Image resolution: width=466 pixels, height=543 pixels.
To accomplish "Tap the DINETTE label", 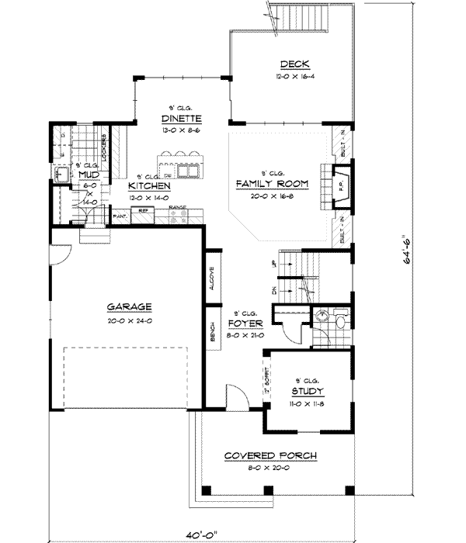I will (182, 119).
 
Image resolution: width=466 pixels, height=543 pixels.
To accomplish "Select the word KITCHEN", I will (150, 187).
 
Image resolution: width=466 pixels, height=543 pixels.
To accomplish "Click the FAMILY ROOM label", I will (272, 184).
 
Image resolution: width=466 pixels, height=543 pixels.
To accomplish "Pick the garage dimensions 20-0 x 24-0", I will (130, 320).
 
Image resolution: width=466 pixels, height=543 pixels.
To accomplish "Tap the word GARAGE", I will (130, 306).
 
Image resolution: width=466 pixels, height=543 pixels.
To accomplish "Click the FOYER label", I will (245, 323).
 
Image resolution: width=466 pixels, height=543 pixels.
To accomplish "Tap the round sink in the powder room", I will (319, 314).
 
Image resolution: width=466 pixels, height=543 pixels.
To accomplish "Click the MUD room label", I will (87, 175).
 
